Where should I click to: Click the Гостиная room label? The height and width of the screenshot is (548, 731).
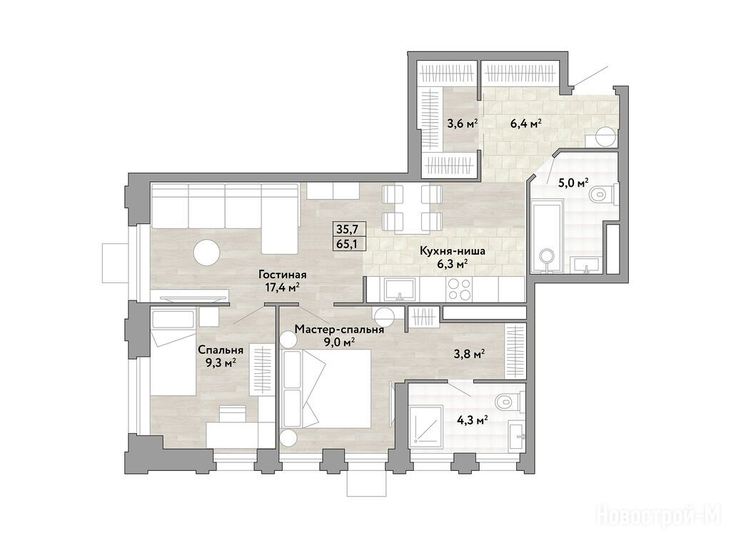283,275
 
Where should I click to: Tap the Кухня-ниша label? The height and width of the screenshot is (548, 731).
452,251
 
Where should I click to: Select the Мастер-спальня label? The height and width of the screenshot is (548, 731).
339,330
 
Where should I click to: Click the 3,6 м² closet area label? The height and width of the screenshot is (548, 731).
463,124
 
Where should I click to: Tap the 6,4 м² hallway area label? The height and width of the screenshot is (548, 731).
525,123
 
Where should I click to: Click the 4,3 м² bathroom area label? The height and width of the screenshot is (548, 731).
473,420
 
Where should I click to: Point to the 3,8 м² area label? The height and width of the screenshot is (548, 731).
469,355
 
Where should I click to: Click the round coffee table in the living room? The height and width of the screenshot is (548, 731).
206,252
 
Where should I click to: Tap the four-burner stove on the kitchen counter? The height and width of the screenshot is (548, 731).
459,290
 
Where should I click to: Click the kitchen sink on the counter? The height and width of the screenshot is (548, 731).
400,289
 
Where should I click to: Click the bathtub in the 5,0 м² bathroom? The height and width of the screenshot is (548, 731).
546,238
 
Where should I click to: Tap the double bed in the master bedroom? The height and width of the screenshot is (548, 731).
326,387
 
